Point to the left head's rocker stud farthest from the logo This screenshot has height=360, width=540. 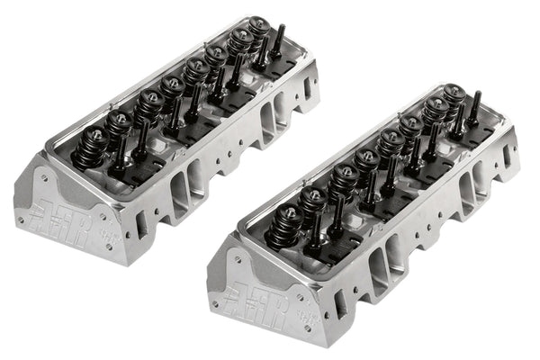pos(279,45)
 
